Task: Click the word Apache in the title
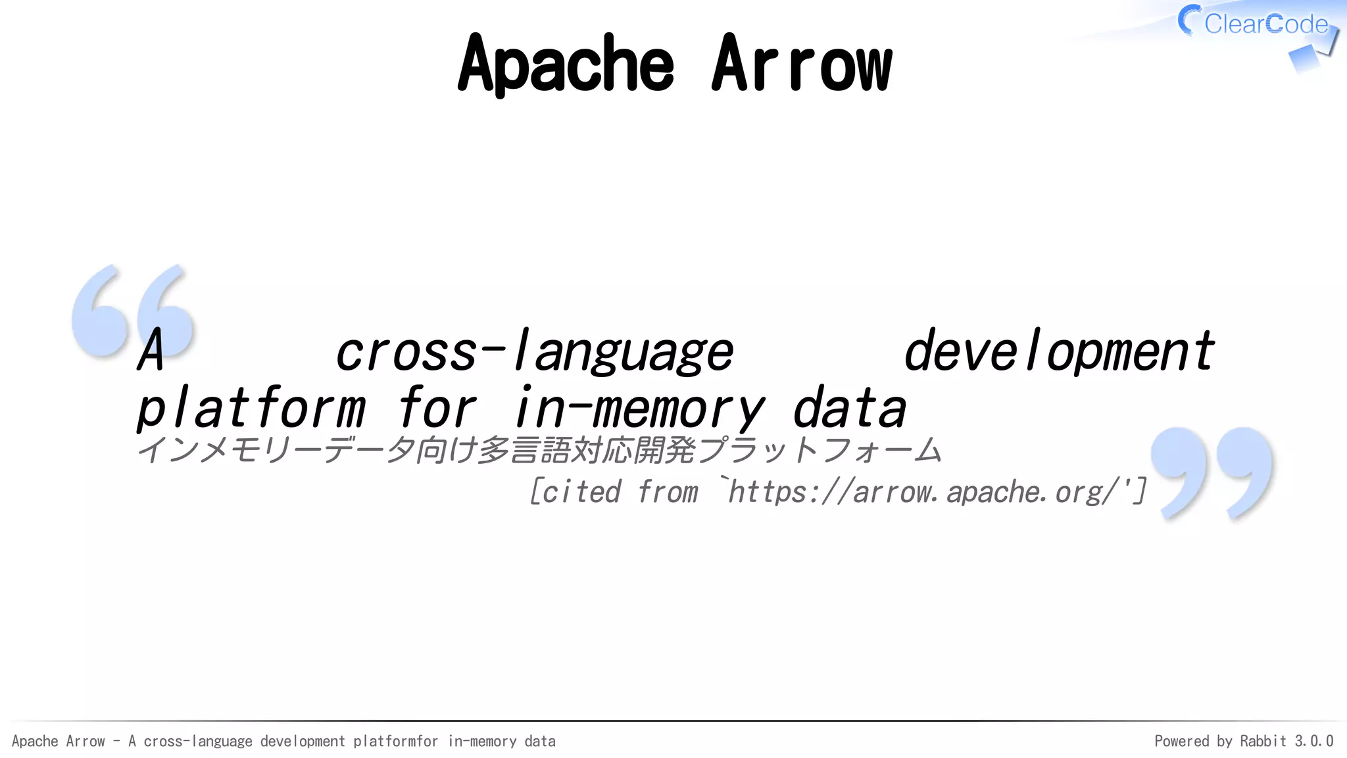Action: click(566, 64)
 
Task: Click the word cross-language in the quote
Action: click(534, 352)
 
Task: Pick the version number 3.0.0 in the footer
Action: click(1313, 741)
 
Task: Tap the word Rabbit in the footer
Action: click(1263, 741)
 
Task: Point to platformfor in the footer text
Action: click(395, 741)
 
